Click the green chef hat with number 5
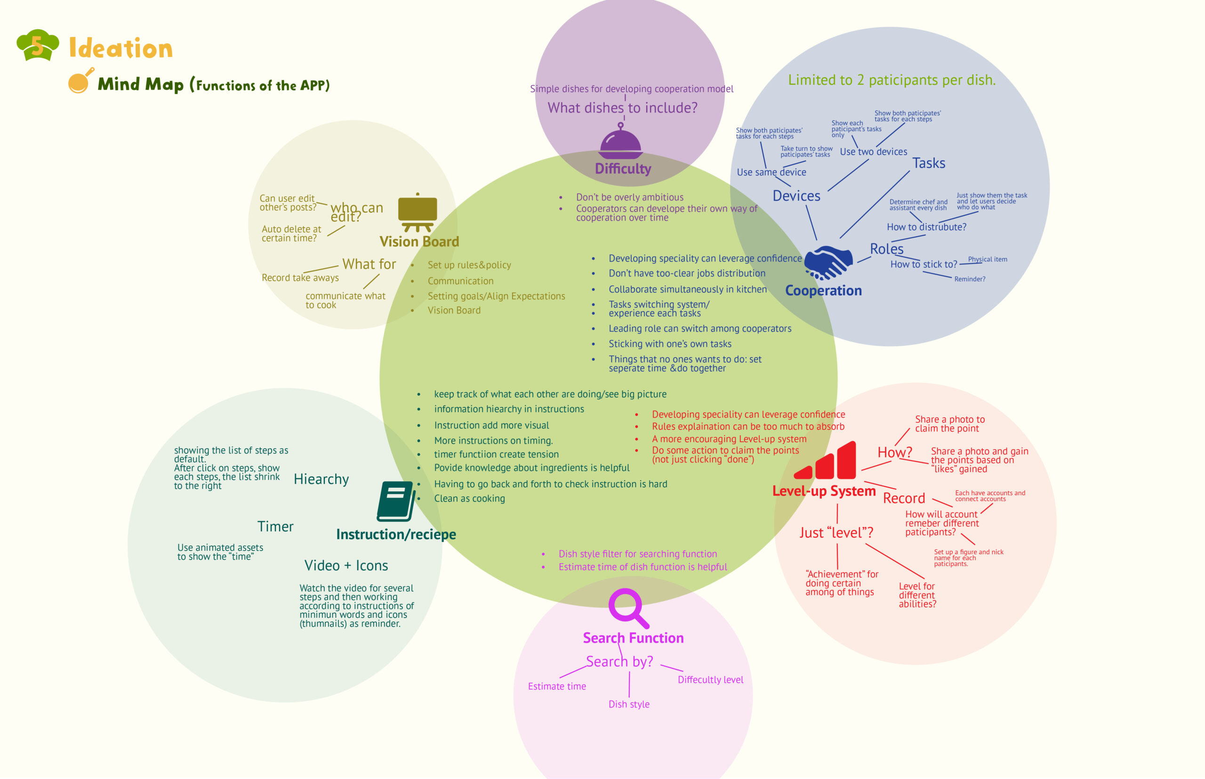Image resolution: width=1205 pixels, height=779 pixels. tap(38, 45)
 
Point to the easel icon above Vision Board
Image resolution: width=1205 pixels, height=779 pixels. tap(418, 213)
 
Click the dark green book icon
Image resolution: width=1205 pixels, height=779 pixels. tap(396, 501)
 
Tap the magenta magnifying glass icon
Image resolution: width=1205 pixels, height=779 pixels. tap(628, 607)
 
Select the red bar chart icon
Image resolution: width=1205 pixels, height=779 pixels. tap(826, 461)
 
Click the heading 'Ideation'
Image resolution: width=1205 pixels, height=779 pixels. tap(121, 48)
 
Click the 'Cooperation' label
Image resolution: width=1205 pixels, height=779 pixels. tap(823, 291)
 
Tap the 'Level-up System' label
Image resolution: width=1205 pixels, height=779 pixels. tap(823, 491)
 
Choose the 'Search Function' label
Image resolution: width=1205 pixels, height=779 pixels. tap(633, 638)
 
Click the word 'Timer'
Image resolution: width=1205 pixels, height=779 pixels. tap(275, 527)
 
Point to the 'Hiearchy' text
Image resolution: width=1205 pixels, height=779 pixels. tap(321, 479)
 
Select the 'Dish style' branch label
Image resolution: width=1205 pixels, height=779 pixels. tap(629, 705)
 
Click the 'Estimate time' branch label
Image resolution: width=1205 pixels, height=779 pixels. tap(557, 686)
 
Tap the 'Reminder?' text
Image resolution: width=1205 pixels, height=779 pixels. tap(970, 279)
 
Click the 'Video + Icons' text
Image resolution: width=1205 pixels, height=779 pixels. tap(346, 566)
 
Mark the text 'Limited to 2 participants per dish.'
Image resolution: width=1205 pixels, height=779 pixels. tap(892, 80)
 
